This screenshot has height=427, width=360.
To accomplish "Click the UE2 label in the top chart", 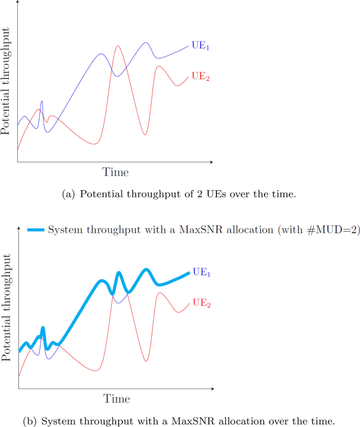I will (x=200, y=77).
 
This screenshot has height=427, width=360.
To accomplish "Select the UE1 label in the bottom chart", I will (x=201, y=272).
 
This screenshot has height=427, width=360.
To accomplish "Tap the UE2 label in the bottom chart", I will (x=201, y=303).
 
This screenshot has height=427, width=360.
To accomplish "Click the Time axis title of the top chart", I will (x=115, y=172).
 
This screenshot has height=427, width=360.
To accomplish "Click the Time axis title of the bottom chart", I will (x=116, y=399).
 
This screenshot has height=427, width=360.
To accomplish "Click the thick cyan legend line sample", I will (x=35, y=230).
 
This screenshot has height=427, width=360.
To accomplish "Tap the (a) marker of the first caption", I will (x=69, y=194).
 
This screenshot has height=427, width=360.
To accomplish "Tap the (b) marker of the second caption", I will (x=31, y=421).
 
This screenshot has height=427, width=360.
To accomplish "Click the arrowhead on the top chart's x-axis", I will (x=211, y=162).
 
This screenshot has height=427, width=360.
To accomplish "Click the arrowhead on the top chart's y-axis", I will (x=17, y=3).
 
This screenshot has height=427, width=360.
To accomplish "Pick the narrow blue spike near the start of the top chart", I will (x=42, y=101).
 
